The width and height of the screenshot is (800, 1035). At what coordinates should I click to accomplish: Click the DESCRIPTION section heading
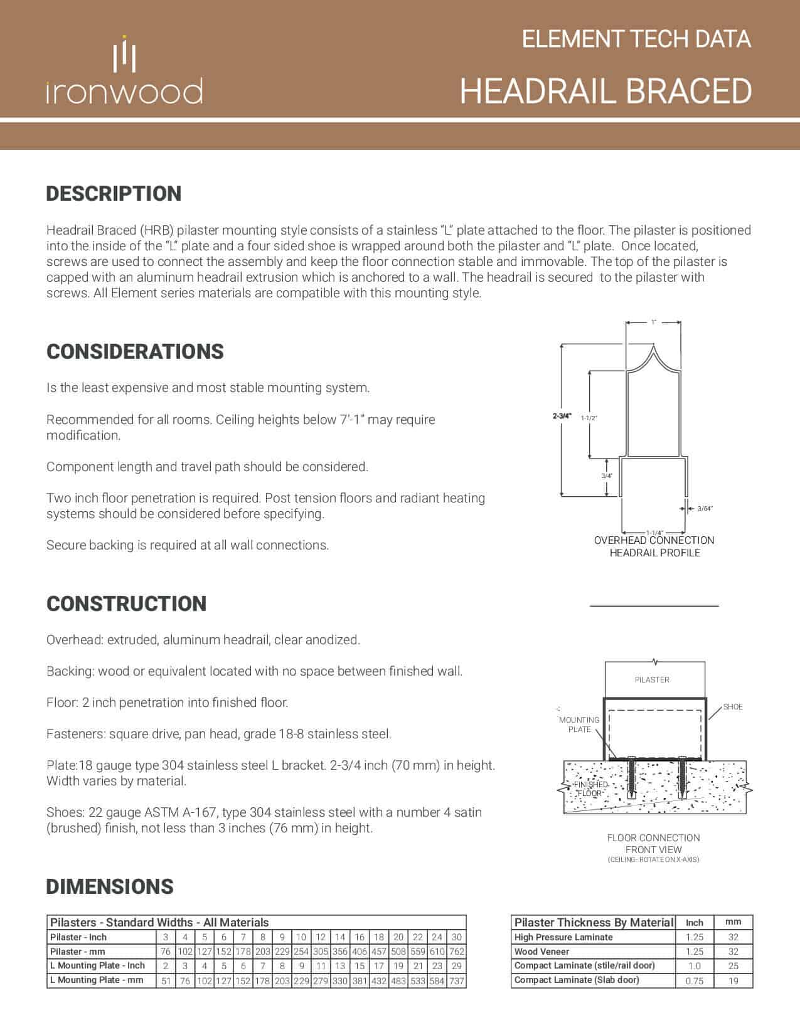[114, 193]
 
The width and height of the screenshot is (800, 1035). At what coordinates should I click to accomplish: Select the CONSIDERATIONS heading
[135, 351]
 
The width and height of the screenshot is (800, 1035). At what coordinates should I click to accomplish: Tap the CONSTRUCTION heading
[126, 603]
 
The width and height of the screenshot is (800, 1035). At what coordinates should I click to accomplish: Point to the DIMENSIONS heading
[110, 886]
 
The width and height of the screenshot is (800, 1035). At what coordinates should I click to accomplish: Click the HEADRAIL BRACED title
[605, 91]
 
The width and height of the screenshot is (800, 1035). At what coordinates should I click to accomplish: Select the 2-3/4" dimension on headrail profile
[562, 416]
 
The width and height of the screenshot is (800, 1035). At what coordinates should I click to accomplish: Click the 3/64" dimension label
[705, 508]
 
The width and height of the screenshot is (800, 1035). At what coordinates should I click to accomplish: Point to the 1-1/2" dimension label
[589, 418]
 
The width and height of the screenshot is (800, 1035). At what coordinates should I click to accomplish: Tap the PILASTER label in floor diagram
[652, 680]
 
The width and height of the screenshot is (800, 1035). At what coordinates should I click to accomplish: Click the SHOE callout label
[733, 707]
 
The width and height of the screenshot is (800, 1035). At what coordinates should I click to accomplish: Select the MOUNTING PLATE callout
[579, 724]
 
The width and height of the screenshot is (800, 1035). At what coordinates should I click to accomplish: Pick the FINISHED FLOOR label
[590, 788]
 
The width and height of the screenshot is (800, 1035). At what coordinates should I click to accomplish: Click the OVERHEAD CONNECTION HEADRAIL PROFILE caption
[654, 546]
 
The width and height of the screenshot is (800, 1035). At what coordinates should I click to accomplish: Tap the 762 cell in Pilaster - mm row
[456, 952]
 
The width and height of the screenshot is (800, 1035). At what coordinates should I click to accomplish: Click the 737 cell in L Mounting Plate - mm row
[456, 980]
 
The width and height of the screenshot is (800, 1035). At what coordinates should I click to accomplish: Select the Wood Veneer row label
[541, 952]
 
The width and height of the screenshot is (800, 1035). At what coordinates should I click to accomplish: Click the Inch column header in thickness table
[695, 923]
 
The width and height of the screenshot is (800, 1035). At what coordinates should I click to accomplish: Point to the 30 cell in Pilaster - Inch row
[456, 937]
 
